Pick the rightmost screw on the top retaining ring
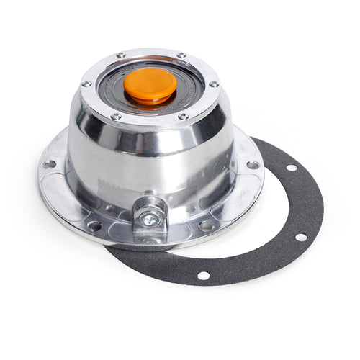214,84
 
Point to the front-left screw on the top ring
115,115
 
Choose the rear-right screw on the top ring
181,55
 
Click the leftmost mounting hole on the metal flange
49,164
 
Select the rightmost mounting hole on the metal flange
252,165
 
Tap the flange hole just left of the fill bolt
94,225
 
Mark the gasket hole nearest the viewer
204,275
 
